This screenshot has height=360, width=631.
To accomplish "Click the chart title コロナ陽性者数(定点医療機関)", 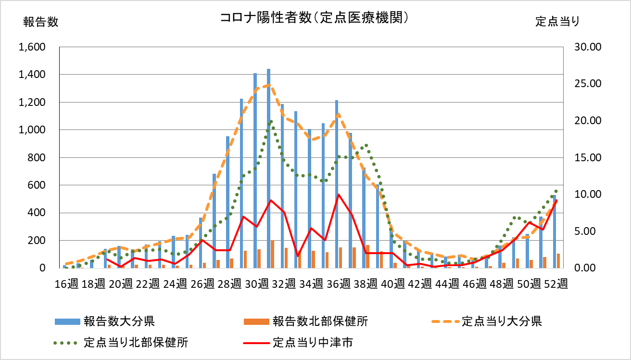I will [x=315, y=18].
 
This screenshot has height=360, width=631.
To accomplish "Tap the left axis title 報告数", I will [x=40, y=22].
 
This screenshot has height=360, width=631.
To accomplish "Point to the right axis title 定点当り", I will [x=557, y=22].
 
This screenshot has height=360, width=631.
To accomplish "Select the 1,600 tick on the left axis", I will [x=31, y=47].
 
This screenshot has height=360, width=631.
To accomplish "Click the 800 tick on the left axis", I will [x=37, y=157].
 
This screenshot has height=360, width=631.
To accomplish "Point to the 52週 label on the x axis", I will [x=557, y=283].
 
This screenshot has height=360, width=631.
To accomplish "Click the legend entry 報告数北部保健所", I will [x=320, y=321].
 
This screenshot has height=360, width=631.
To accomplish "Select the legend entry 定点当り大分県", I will [x=502, y=321].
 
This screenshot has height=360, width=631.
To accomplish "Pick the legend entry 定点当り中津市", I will [x=313, y=343].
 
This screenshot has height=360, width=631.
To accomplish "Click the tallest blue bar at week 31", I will [x=268, y=168].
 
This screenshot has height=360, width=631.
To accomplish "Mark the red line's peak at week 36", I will [x=339, y=194].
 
